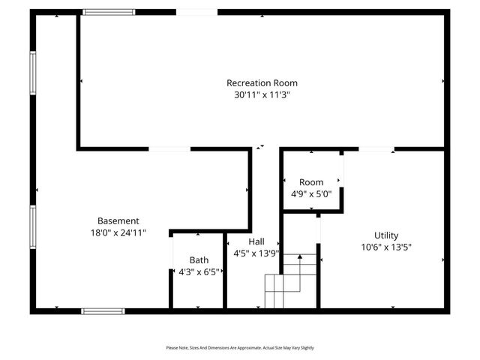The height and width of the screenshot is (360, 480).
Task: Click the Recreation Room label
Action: click(x=262, y=82)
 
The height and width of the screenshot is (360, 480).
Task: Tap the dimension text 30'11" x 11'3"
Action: click(x=262, y=95)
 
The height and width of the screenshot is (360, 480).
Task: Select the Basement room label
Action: click(x=118, y=220)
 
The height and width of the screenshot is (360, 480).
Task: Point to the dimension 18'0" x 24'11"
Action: click(x=118, y=232)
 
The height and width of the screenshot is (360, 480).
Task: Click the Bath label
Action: click(x=199, y=260)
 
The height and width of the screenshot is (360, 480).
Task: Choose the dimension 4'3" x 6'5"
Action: click(x=199, y=272)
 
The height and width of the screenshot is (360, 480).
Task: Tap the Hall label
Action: click(x=256, y=241)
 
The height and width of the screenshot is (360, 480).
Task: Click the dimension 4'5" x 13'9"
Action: click(x=256, y=253)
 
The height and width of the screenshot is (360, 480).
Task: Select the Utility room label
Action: click(x=387, y=235)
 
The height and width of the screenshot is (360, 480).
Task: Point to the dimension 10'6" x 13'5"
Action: click(x=387, y=247)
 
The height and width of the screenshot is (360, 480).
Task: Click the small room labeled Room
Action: click(x=311, y=182)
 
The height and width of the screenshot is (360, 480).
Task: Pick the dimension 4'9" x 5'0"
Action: click(x=311, y=194)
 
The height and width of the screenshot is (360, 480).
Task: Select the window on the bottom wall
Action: click(x=103, y=310)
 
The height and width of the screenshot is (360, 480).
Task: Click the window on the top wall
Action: click(x=109, y=12)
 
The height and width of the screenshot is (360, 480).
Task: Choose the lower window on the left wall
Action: click(x=32, y=227)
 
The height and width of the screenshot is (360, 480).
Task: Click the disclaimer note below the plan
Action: click(x=240, y=348)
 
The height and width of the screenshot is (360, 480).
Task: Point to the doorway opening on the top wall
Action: click(x=197, y=12)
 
